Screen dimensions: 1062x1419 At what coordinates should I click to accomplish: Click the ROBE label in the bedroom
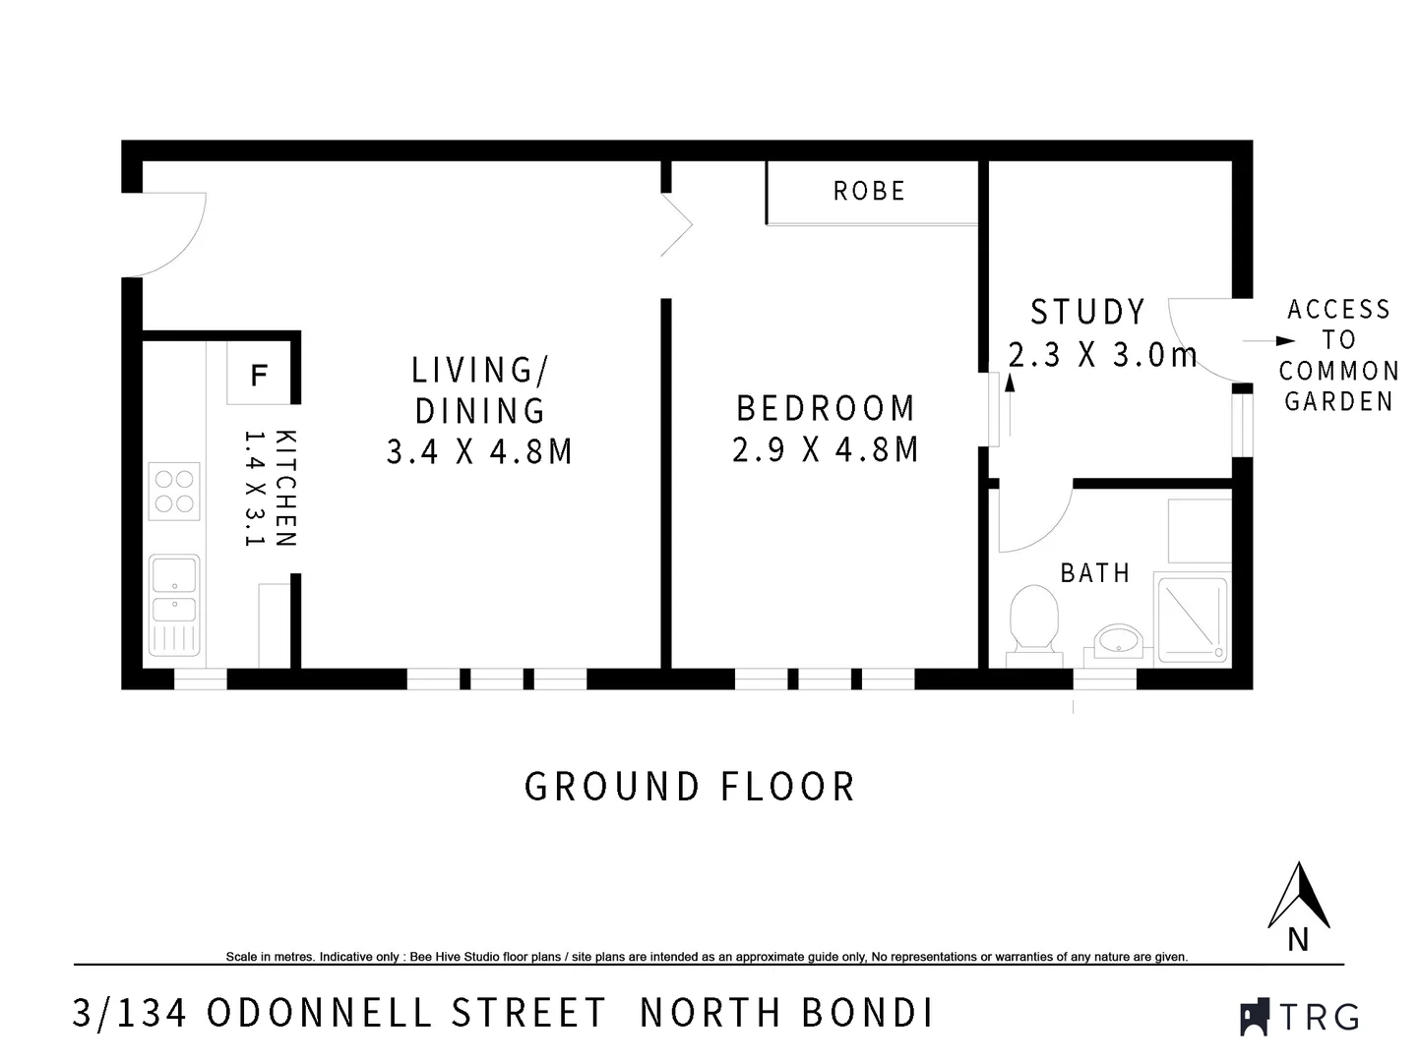(x=869, y=191)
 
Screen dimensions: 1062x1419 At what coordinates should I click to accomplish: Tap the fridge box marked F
(x=259, y=374)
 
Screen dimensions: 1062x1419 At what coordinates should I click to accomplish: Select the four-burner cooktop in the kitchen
(x=174, y=492)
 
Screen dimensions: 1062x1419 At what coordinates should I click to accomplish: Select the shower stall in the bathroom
(x=1192, y=619)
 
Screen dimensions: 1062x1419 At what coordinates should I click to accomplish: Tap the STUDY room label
(x=1087, y=312)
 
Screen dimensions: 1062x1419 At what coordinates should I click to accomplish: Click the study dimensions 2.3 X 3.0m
(x=1102, y=355)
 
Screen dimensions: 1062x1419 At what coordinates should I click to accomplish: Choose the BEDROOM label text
(x=826, y=408)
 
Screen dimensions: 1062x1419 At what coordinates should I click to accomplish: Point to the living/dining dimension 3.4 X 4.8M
(x=479, y=451)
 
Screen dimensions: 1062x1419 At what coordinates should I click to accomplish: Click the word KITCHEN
(x=285, y=488)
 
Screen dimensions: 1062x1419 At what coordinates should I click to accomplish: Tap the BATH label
(x=1094, y=573)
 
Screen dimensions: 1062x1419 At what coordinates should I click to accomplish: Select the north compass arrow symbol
(x=1299, y=896)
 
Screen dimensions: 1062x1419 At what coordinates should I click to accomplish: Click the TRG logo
(x=1300, y=1016)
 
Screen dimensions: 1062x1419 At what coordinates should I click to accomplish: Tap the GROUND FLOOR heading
(x=690, y=787)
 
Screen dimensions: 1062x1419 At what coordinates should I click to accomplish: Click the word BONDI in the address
(x=867, y=1013)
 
